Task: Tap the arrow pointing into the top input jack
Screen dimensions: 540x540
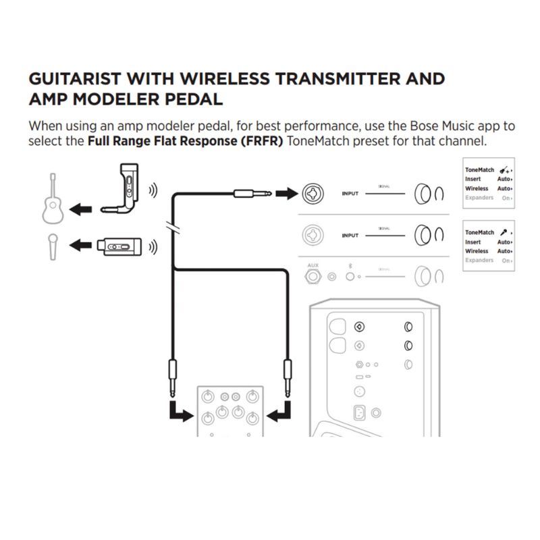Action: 288,194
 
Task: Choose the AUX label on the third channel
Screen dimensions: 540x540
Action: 313,265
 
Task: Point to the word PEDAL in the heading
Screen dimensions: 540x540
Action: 194,99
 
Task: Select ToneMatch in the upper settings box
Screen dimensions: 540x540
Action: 479,170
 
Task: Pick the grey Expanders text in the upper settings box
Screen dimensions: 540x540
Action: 479,198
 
